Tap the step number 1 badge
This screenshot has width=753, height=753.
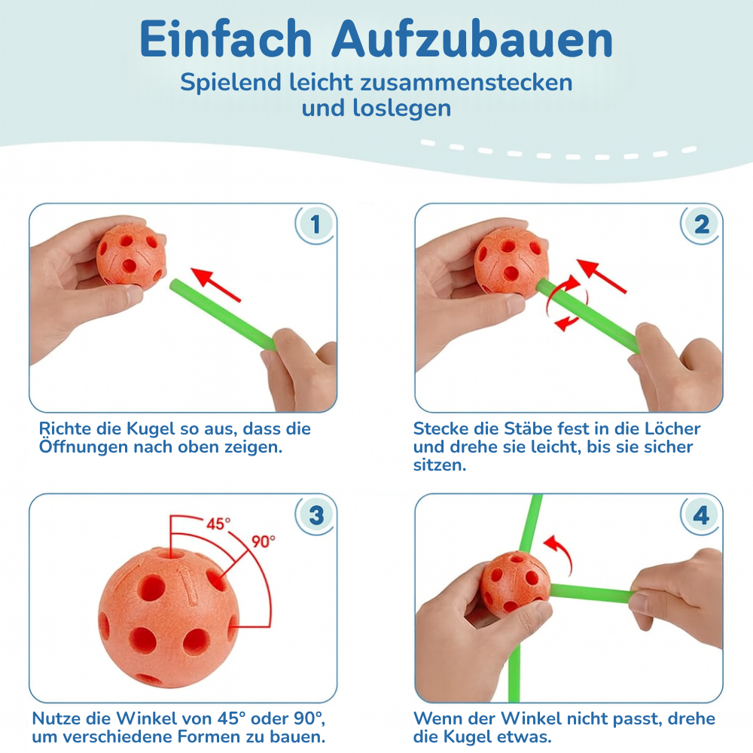coord(315,224)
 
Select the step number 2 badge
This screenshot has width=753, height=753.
coord(701,224)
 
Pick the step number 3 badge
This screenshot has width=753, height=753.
coord(315,515)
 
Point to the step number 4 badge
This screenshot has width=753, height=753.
coord(701,515)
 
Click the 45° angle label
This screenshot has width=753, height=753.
coord(218,523)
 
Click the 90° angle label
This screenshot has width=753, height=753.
coord(264,541)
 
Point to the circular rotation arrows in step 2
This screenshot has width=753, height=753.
coord(561,303)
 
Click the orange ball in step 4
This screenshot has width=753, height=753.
coord(515,584)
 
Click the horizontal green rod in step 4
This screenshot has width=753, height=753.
coord(591,593)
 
